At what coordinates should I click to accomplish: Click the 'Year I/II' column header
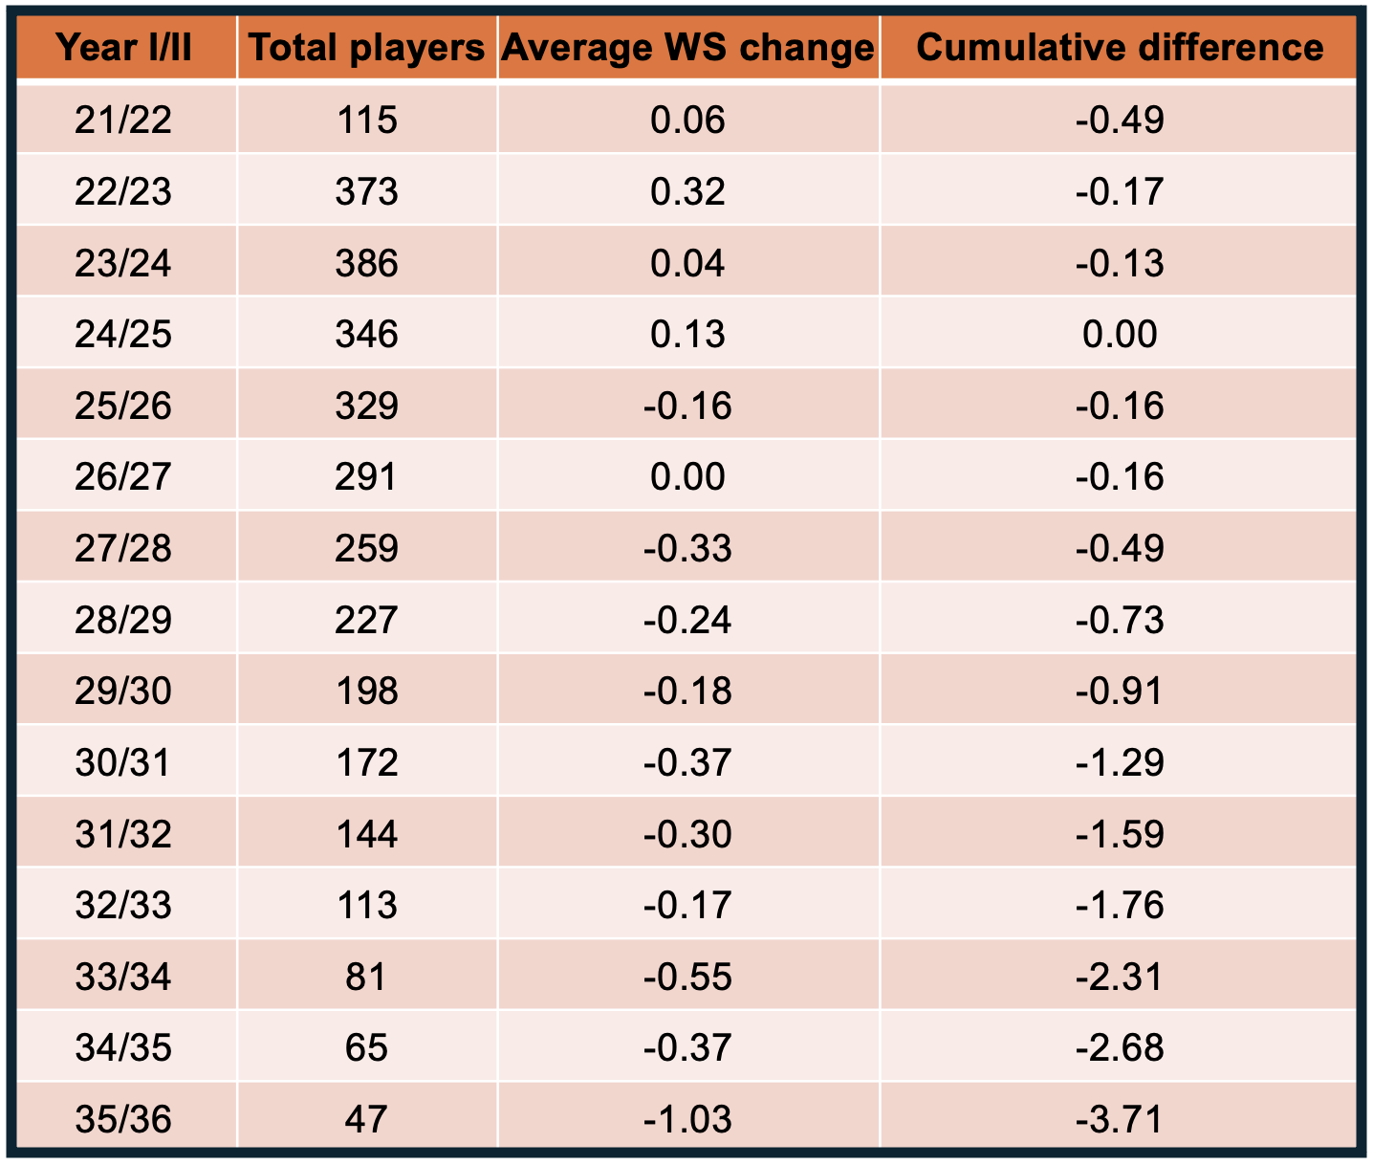coord(124,47)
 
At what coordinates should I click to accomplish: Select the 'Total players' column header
coord(367,47)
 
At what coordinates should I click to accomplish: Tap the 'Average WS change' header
coord(687,47)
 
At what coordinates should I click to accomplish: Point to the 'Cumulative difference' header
coord(1119,47)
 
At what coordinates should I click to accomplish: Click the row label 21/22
coord(123,121)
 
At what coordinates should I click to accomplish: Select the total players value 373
coord(367,192)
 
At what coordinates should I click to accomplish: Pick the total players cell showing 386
coord(367,263)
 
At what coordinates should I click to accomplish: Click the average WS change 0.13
coord(687,335)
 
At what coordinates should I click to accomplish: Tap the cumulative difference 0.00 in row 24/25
coord(1120,335)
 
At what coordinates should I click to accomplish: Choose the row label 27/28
coord(123,549)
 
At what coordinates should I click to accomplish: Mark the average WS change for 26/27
coord(687,477)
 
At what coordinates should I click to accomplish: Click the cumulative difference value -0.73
coord(1120,621)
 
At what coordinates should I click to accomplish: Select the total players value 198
coord(367,692)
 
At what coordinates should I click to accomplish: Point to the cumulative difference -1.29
coord(1120,763)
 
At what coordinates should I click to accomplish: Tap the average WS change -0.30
coord(687,835)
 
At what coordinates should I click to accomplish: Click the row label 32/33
coord(123,906)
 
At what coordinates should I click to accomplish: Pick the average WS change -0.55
coord(687,978)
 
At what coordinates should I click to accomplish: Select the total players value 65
coord(367,1048)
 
